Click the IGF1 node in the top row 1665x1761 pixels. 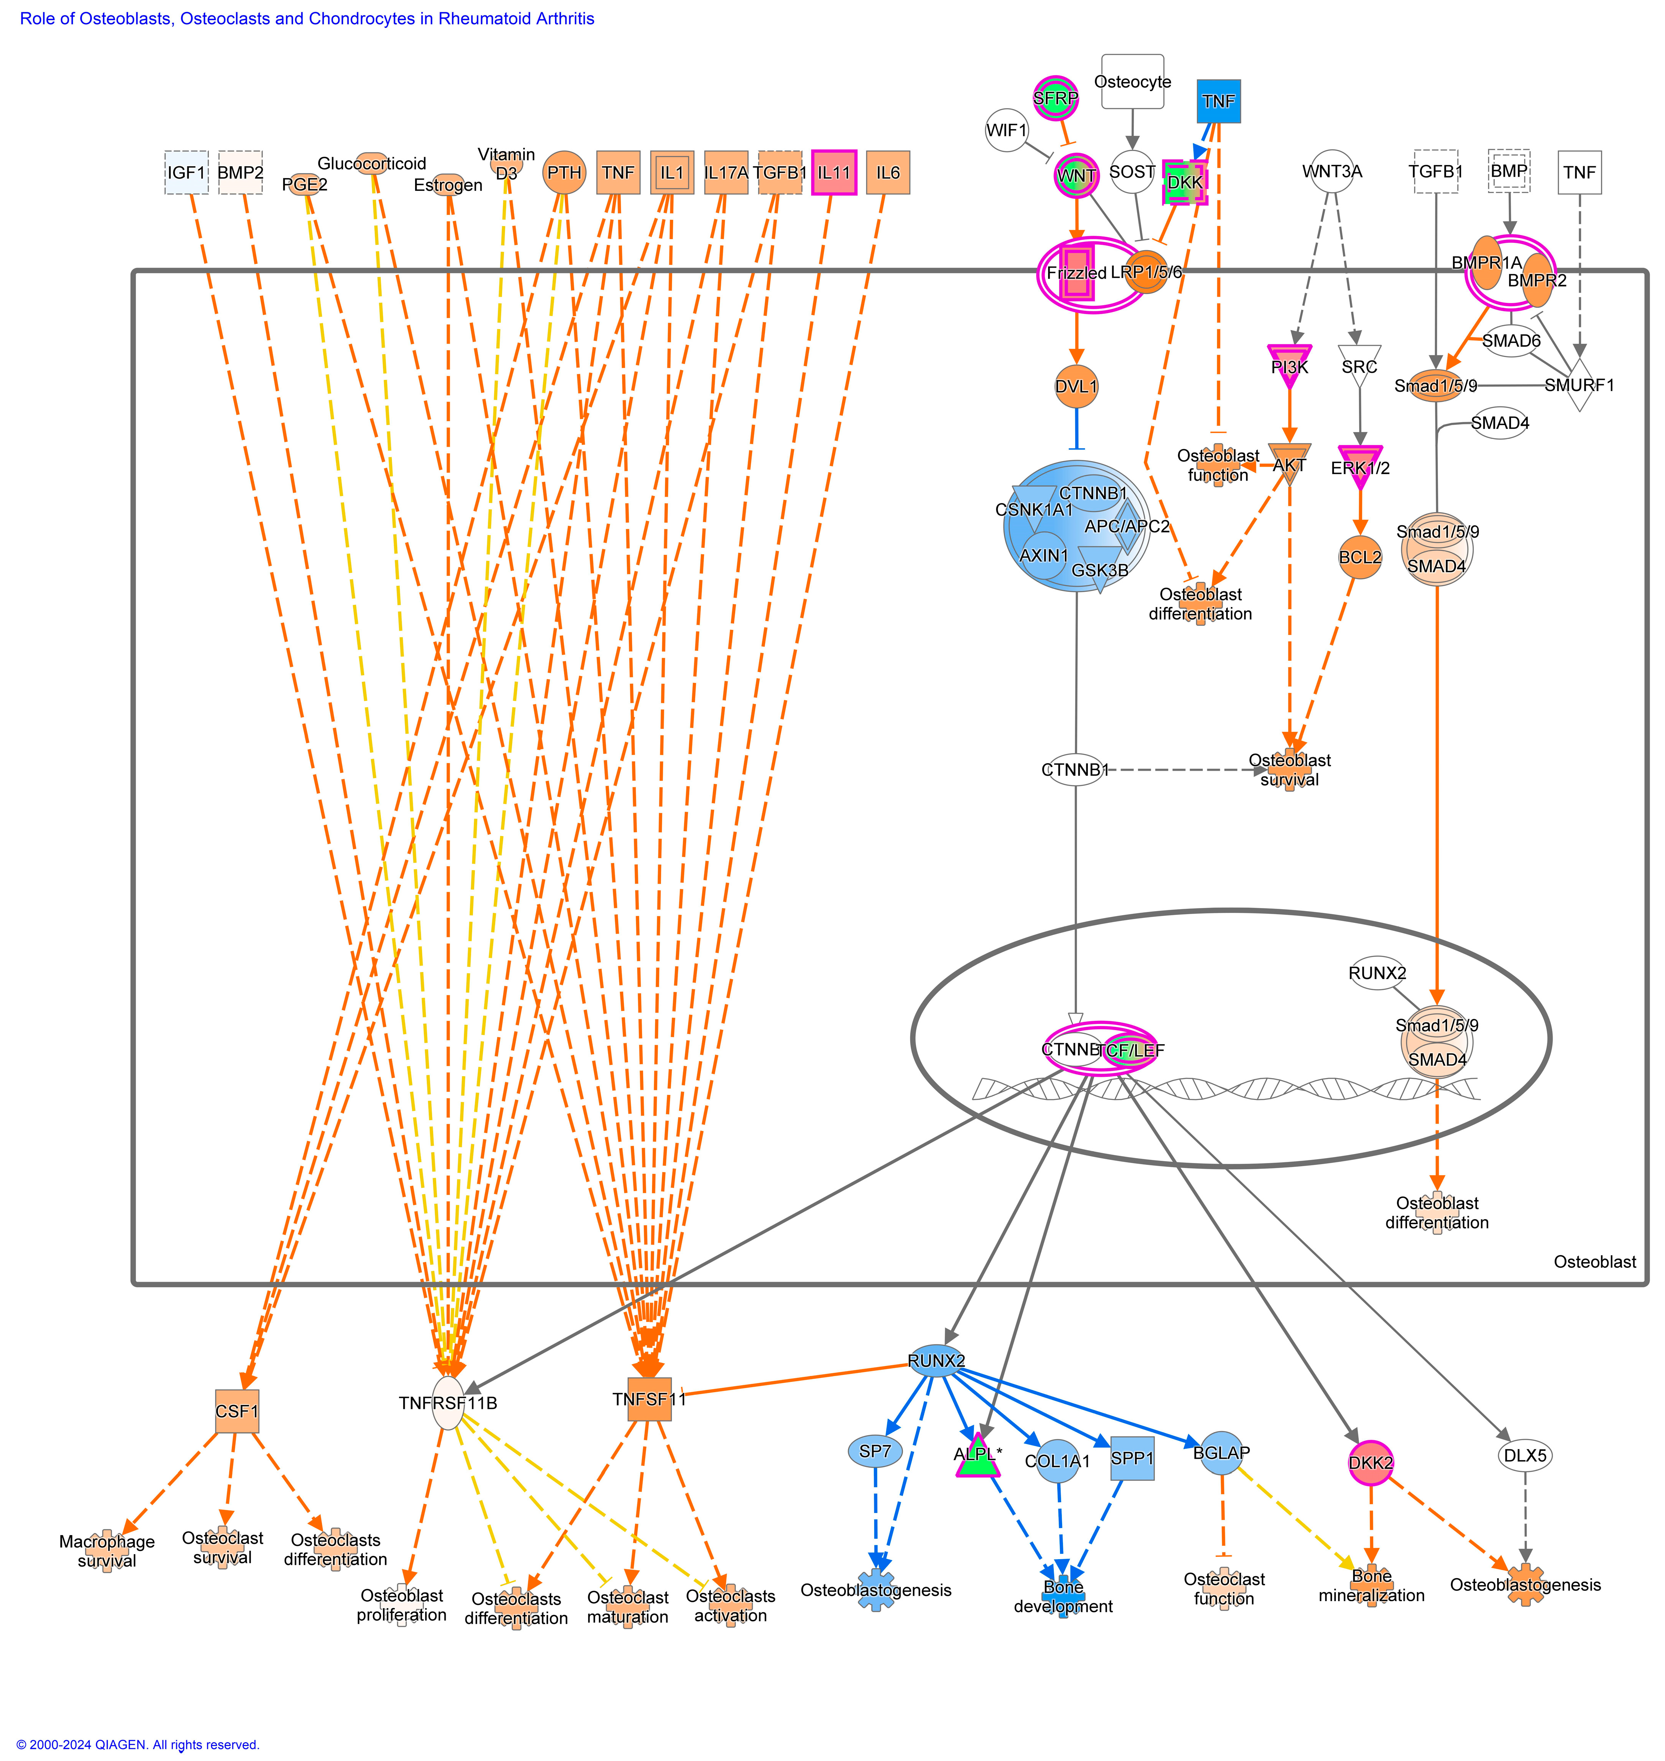[187, 172]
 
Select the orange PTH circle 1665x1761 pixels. [563, 172]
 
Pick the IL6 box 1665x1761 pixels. [888, 172]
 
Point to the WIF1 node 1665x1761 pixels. [1006, 130]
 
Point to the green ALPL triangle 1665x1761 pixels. [977, 1457]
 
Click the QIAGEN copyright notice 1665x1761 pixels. [138, 1744]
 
